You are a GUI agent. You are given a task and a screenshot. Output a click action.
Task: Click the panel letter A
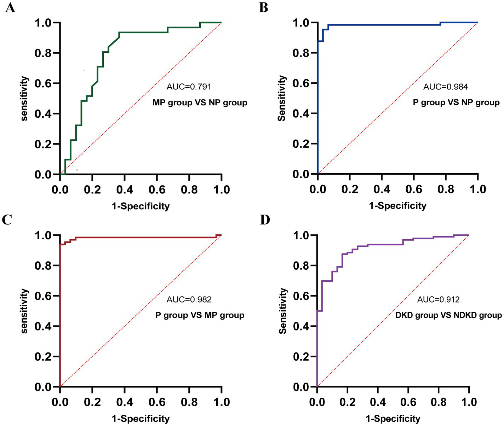[x=10, y=7]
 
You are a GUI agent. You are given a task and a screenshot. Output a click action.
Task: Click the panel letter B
[x=263, y=7]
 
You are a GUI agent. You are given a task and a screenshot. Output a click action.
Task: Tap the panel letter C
[x=7, y=220]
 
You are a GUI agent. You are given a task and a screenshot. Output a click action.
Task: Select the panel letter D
[x=264, y=220]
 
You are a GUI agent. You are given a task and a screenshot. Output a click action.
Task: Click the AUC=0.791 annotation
[x=189, y=87]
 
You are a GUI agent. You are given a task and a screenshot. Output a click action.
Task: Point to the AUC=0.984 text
[x=446, y=87]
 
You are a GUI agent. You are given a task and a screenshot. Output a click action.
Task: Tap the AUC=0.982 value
[x=189, y=300]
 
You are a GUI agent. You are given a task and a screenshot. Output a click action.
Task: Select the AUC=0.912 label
[x=438, y=300]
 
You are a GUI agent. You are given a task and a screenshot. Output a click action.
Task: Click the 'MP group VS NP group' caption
[x=200, y=103]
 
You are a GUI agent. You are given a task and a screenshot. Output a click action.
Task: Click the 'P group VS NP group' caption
[x=456, y=103]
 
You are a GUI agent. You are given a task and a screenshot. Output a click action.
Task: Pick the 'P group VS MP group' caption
[x=200, y=315]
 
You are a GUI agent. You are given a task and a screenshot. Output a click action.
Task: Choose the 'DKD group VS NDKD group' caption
[x=448, y=315]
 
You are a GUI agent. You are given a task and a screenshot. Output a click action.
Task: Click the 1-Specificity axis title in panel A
[x=141, y=206]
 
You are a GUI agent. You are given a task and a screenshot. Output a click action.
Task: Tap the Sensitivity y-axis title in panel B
[x=282, y=98]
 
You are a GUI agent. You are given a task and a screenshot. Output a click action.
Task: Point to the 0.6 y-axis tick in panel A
[x=43, y=84]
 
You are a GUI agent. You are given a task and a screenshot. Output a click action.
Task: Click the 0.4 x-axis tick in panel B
[x=382, y=189]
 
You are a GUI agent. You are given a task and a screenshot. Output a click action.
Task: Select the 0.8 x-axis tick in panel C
[x=189, y=402]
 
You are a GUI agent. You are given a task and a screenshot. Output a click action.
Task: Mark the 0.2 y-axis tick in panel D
[x=301, y=357]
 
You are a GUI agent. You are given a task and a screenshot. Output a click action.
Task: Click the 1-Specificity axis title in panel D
[x=393, y=419]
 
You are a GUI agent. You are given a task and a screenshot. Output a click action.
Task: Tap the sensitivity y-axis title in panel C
[x=24, y=311]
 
